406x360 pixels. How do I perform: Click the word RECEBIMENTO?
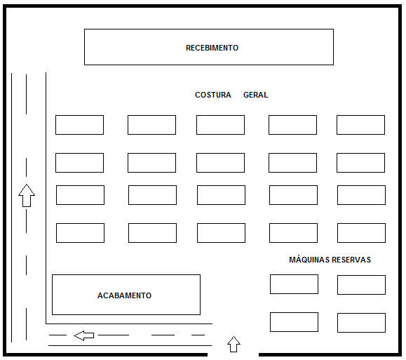pyautogui.click(x=212, y=48)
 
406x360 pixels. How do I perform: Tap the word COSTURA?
pyautogui.click(x=213, y=95)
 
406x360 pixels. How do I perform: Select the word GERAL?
pyautogui.click(x=255, y=95)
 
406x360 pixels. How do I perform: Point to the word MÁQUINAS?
pyautogui.click(x=309, y=260)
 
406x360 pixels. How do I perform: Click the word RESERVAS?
pyautogui.click(x=351, y=260)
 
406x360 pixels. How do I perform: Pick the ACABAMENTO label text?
pyautogui.click(x=124, y=295)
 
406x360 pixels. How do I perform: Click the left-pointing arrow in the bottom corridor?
pyautogui.click(x=84, y=335)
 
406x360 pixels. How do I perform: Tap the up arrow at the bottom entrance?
pyautogui.click(x=234, y=344)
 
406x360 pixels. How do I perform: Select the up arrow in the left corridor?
pyautogui.click(x=27, y=195)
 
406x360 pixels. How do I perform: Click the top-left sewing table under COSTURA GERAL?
pyautogui.click(x=79, y=125)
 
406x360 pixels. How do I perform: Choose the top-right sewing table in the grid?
pyautogui.click(x=360, y=125)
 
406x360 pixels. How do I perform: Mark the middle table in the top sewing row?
pyautogui.click(x=220, y=125)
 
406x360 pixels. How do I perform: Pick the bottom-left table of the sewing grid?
pyautogui.click(x=80, y=233)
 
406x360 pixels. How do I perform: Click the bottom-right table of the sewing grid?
pyautogui.click(x=361, y=233)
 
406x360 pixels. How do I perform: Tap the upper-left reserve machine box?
pyautogui.click(x=294, y=284)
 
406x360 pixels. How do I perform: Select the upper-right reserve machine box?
pyautogui.click(x=361, y=285)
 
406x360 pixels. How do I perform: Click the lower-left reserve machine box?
pyautogui.click(x=294, y=322)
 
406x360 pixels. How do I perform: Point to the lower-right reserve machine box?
pyautogui.click(x=361, y=323)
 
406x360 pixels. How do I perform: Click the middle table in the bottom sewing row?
pyautogui.click(x=221, y=233)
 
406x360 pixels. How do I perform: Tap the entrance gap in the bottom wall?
pyautogui.click(x=233, y=354)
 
